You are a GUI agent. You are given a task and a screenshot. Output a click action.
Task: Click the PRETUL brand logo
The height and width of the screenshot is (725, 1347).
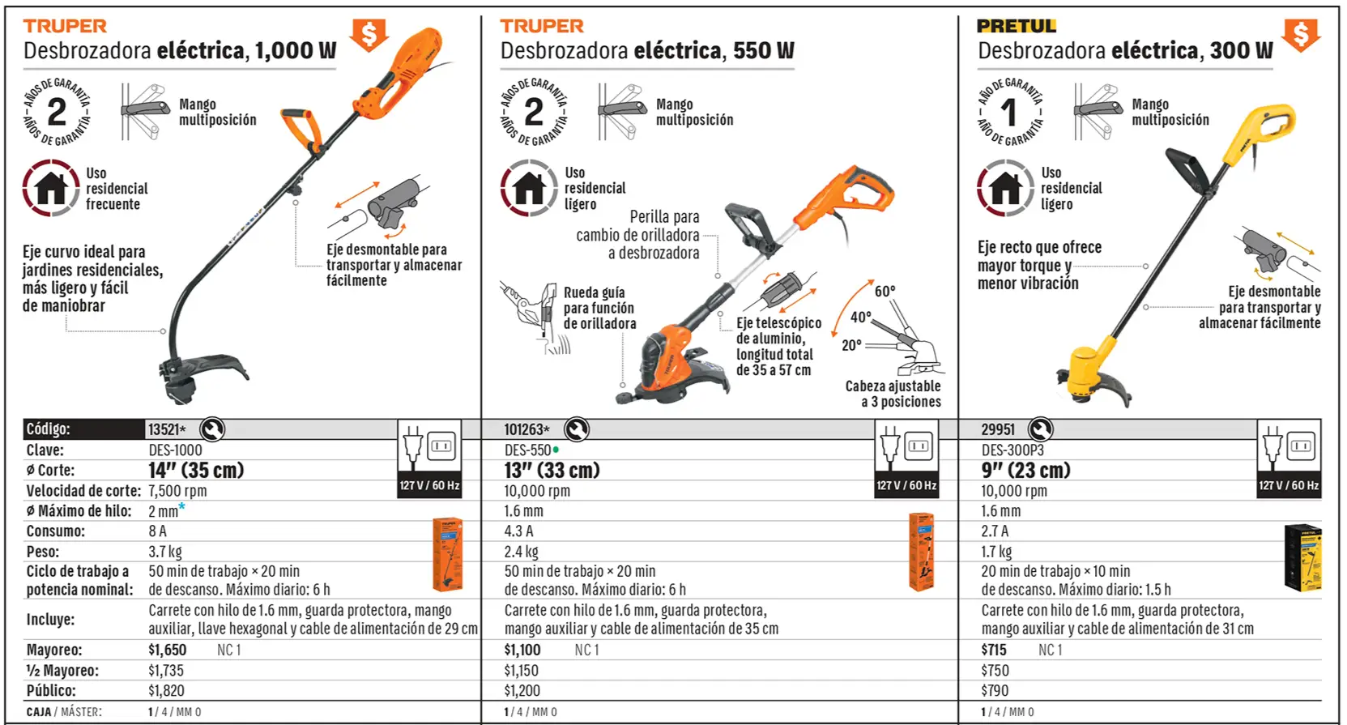pyautogui.click(x=1017, y=27)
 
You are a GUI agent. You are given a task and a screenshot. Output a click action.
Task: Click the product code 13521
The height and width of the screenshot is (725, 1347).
pyautogui.click(x=164, y=429)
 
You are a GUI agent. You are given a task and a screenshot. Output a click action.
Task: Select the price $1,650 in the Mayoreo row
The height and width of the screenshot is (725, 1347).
pyautogui.click(x=167, y=650)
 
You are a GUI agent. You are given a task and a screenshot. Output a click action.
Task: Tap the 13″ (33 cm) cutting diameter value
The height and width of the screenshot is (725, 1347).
pyautogui.click(x=552, y=470)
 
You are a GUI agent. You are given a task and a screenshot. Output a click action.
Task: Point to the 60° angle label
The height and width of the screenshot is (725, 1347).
pyautogui.click(x=885, y=292)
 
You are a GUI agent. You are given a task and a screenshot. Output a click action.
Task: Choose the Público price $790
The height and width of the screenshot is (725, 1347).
pyautogui.click(x=995, y=691)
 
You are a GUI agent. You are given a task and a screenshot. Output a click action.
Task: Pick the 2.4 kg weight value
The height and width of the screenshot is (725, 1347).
pyautogui.click(x=522, y=552)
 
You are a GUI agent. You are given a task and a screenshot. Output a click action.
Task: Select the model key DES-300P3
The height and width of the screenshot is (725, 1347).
pyautogui.click(x=1012, y=450)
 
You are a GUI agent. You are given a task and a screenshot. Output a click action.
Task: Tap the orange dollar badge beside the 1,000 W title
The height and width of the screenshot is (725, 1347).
pyautogui.click(x=369, y=35)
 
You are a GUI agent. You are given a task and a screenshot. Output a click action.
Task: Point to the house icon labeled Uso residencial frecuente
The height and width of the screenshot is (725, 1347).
pyautogui.click(x=51, y=188)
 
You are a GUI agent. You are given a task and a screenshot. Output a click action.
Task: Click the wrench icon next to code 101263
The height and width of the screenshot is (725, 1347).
pyautogui.click(x=576, y=429)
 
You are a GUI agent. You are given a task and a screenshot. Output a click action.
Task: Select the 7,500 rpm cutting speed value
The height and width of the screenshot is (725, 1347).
pyautogui.click(x=177, y=491)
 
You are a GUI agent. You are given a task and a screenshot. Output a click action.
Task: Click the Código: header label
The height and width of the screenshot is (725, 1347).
pyautogui.click(x=48, y=429)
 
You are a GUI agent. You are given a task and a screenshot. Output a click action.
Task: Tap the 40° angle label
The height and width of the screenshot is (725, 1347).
pyautogui.click(x=860, y=318)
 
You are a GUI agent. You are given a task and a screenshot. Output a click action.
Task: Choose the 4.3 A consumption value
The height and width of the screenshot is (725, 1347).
pyautogui.click(x=518, y=531)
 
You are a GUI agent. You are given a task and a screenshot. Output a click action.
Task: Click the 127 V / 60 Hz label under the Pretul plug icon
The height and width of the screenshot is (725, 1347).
pyautogui.click(x=1289, y=486)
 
